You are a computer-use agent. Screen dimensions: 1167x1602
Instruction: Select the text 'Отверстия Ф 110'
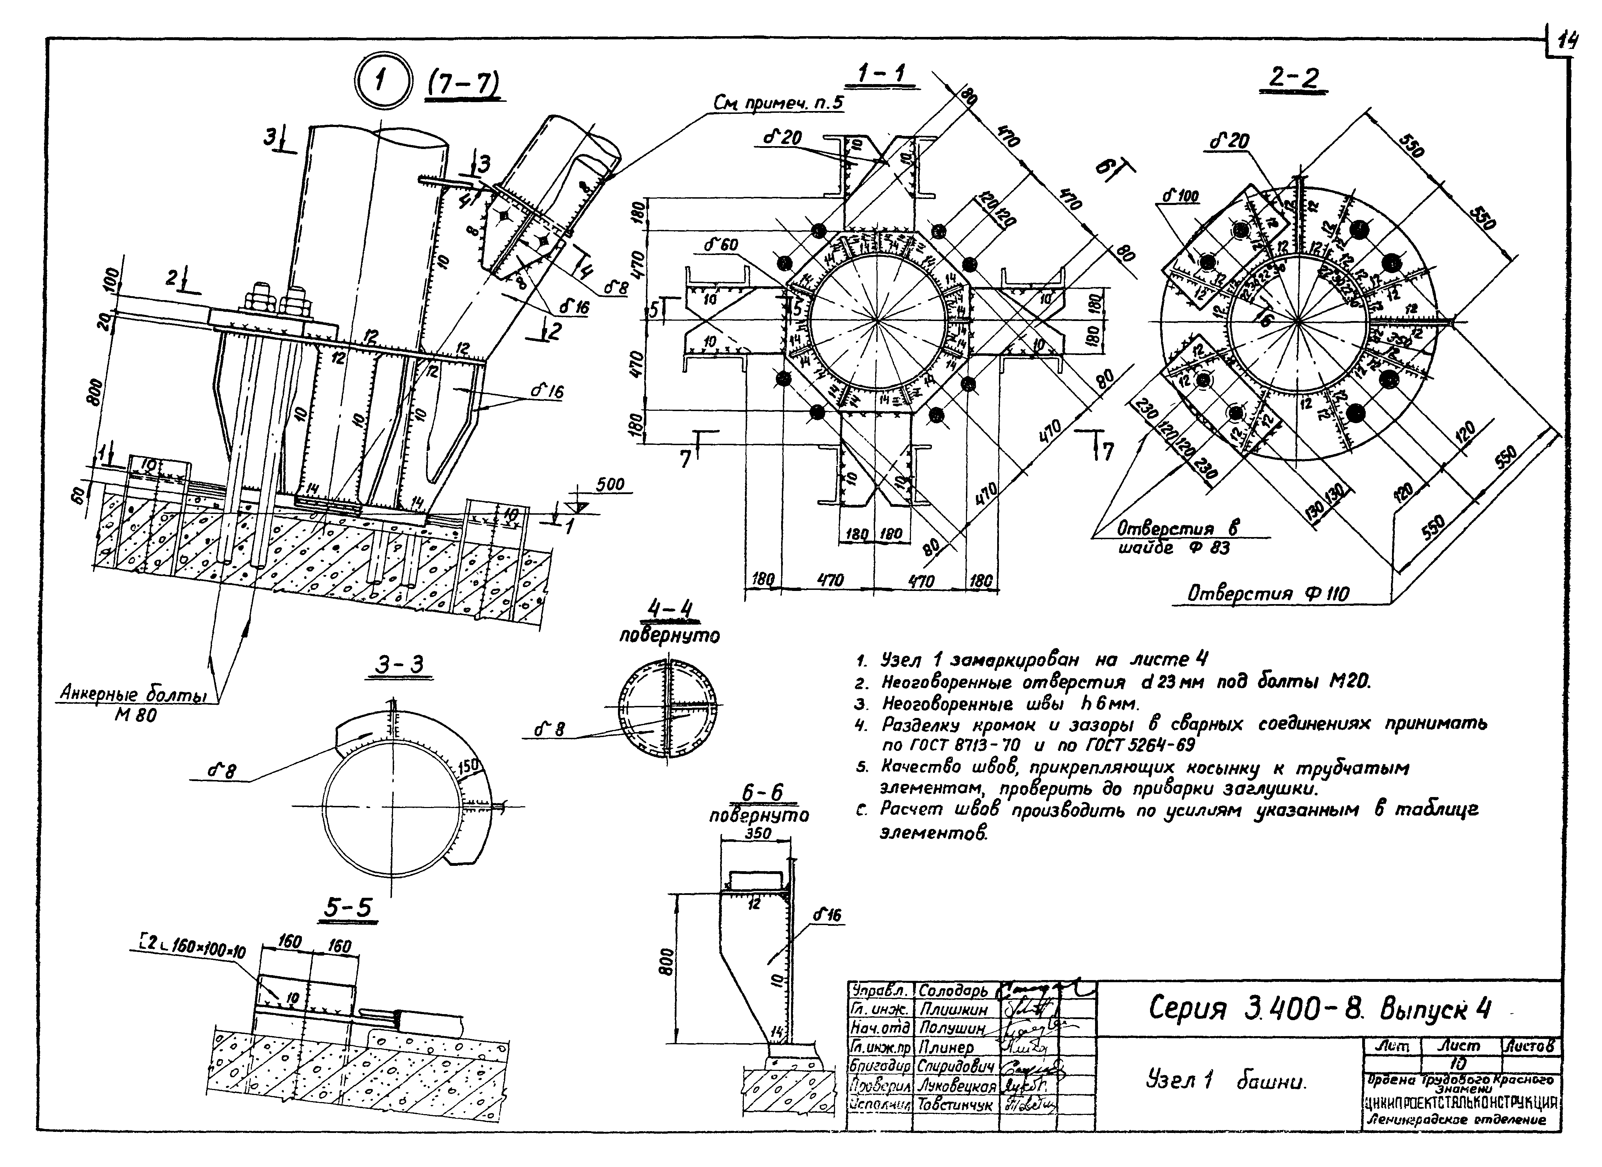1268,593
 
